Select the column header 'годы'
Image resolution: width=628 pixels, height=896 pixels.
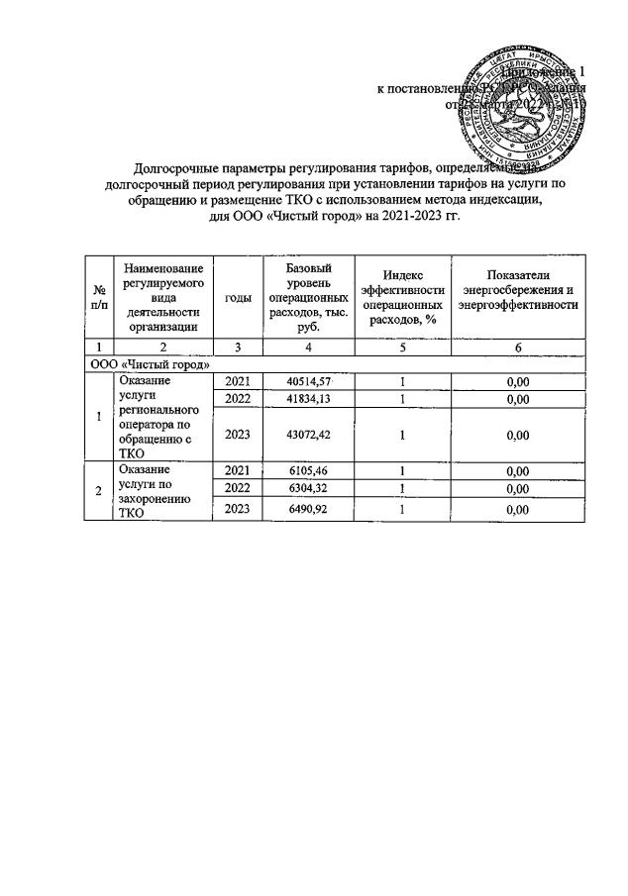[238, 298]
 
